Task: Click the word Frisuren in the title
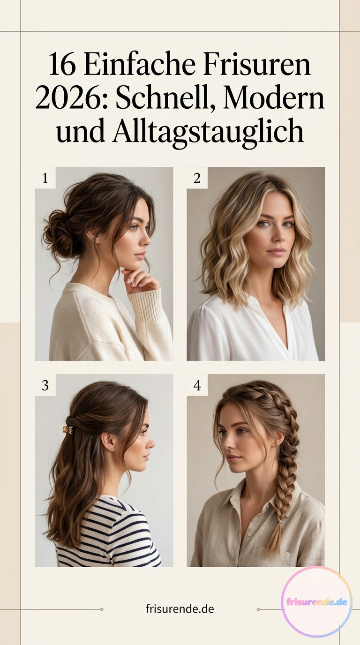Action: (x=257, y=64)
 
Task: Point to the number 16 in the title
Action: (x=62, y=64)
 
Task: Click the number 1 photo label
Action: (x=45, y=178)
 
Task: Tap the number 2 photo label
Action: (x=197, y=178)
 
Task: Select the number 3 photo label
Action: (x=45, y=385)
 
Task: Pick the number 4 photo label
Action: (x=197, y=385)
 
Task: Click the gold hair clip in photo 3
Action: (x=69, y=430)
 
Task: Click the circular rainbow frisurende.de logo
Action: (x=317, y=602)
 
